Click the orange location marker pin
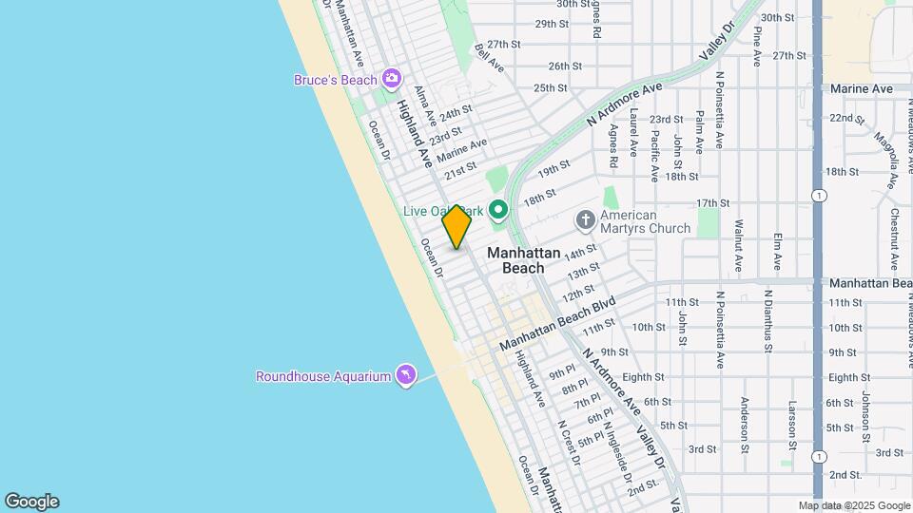[456, 226]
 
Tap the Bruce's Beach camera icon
[390, 79]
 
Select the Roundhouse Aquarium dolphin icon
[406, 375]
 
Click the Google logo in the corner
[31, 502]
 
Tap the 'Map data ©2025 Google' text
[854, 506]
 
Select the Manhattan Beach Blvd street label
[558, 323]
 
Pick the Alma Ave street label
[425, 105]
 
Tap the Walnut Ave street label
[738, 245]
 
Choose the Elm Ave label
[778, 249]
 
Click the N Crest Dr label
[570, 443]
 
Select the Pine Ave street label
[757, 46]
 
